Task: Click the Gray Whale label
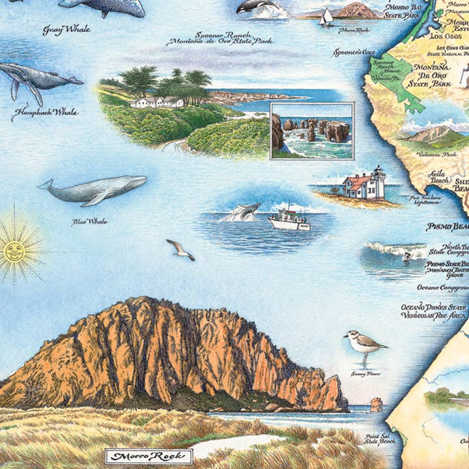tap(66, 29)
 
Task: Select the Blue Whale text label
tap(89, 222)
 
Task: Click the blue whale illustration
tap(94, 190)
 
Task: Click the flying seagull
tap(180, 249)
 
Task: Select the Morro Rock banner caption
tap(149, 455)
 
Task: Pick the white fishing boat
tap(289, 220)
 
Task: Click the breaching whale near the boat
tap(244, 211)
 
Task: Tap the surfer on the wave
tap(407, 257)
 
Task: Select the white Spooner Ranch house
tap(156, 102)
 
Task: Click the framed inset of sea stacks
tap(311, 130)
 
